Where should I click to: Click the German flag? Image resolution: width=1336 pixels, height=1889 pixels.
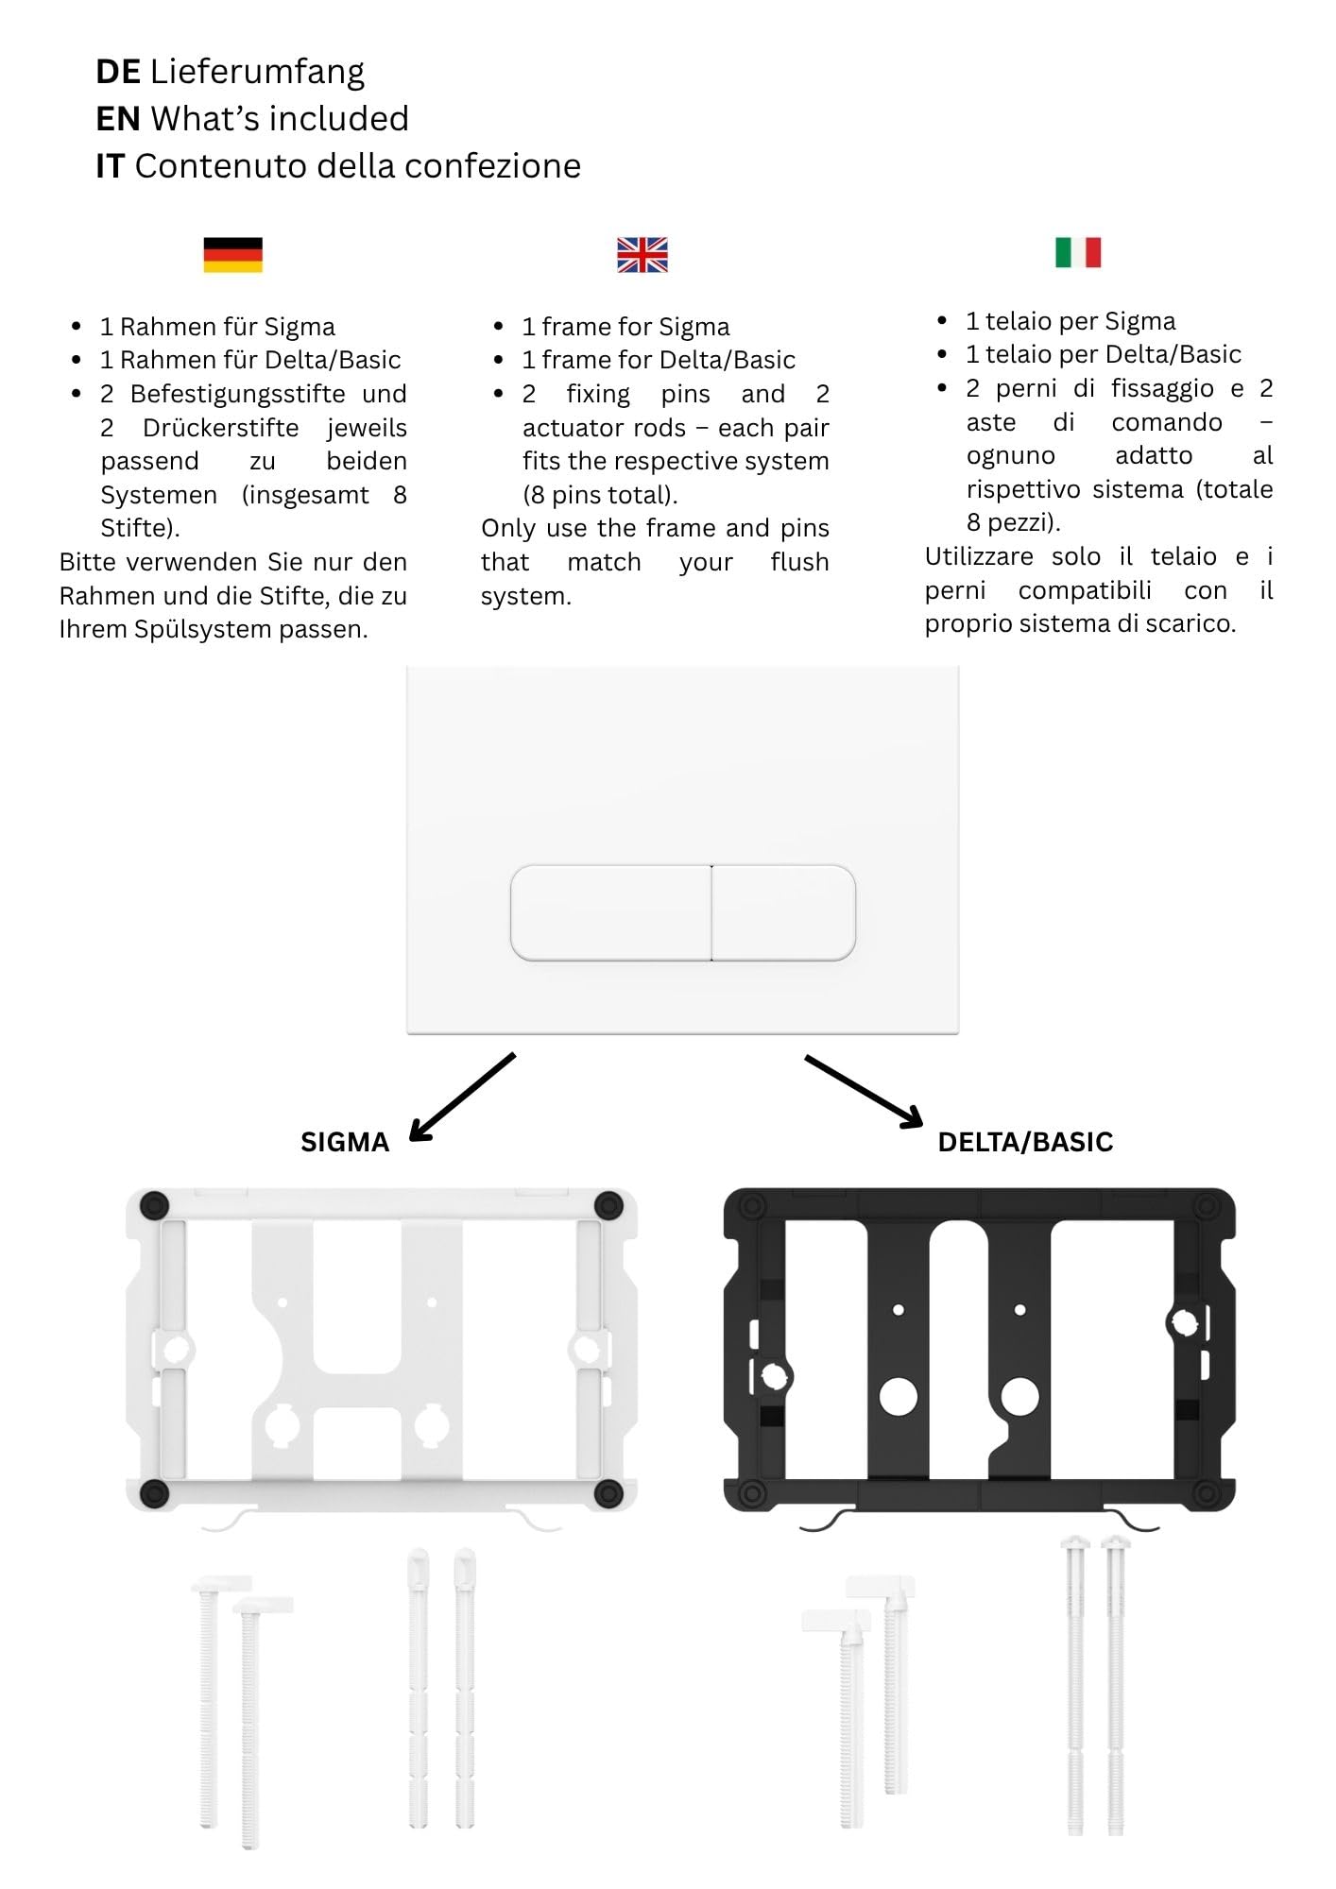pyautogui.click(x=232, y=254)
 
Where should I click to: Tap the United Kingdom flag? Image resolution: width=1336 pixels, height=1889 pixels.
pyautogui.click(x=642, y=255)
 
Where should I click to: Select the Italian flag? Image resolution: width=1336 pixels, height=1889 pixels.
pyautogui.click(x=1078, y=252)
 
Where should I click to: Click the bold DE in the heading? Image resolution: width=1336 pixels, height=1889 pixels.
pyautogui.click(x=118, y=72)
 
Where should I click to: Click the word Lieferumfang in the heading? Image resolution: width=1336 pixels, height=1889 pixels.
pyautogui.click(x=257, y=73)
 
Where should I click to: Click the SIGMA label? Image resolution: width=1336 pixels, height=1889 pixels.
pyautogui.click(x=345, y=1142)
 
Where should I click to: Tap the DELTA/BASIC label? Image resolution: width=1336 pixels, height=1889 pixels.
pyautogui.click(x=1025, y=1142)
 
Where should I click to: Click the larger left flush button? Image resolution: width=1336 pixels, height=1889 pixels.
pyautogui.click(x=610, y=912)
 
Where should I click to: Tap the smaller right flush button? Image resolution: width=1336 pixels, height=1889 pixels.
pyautogui.click(x=784, y=912)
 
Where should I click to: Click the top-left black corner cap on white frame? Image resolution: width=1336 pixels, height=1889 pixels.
pyautogui.click(x=154, y=1205)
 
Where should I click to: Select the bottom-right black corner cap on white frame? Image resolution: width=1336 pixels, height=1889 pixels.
pyautogui.click(x=608, y=1493)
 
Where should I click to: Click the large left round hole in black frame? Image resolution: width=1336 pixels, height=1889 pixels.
pyautogui.click(x=898, y=1397)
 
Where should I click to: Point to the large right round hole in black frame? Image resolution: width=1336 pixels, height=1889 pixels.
pyautogui.click(x=1019, y=1397)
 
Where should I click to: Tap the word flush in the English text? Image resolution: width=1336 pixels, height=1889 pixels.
pyautogui.click(x=799, y=562)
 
